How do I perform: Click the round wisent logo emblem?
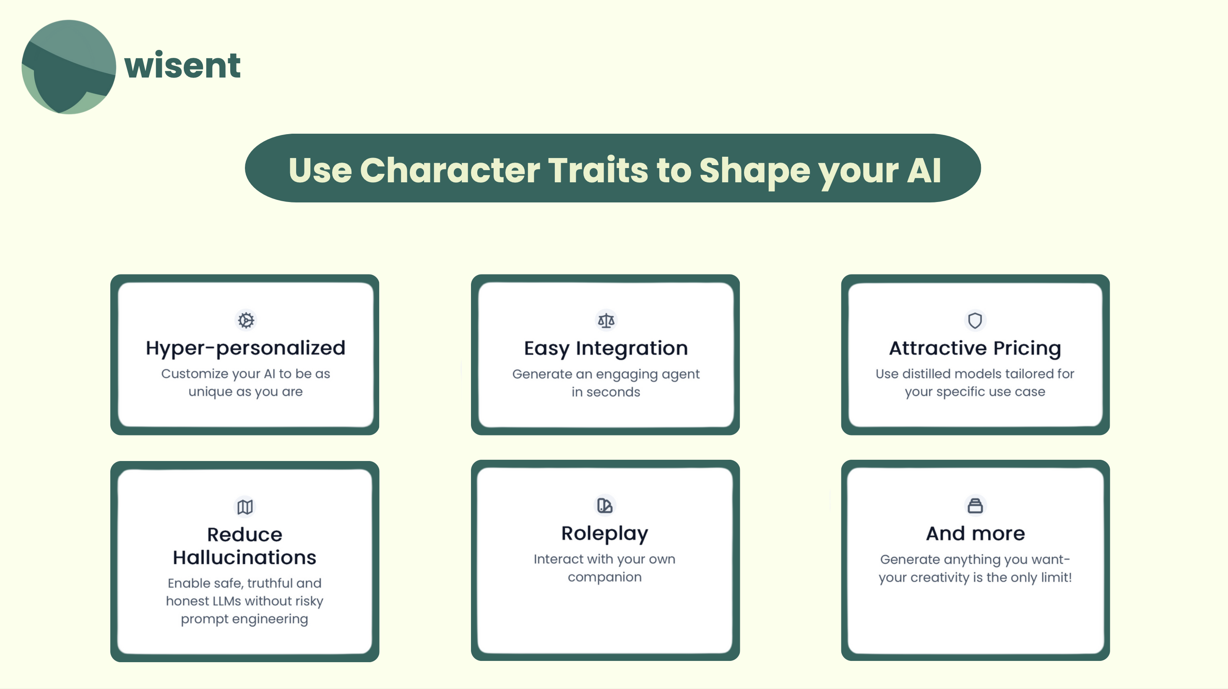point(69,67)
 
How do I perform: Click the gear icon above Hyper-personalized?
point(246,320)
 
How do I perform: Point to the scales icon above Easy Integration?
point(606,320)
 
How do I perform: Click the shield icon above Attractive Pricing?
point(975,320)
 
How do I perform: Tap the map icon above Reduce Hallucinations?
point(245,507)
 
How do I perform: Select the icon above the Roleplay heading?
point(605,505)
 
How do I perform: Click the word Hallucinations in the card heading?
point(245,557)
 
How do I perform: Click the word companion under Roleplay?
point(604,578)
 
